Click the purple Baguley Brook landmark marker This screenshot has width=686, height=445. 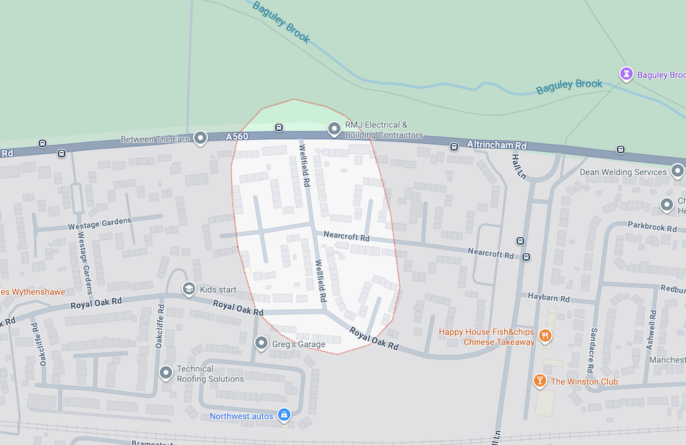click(x=626, y=73)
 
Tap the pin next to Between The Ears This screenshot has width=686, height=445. click(x=200, y=139)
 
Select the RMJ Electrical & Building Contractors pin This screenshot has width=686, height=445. click(x=334, y=129)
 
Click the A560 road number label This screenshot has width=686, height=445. click(x=237, y=137)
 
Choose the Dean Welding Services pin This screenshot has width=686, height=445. click(x=678, y=171)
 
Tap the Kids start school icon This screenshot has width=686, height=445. click(x=188, y=289)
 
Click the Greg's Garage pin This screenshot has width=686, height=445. click(x=261, y=343)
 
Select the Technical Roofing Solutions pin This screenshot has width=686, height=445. click(x=165, y=373)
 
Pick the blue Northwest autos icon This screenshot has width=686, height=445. click(x=285, y=415)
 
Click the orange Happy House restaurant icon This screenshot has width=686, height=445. click(x=545, y=335)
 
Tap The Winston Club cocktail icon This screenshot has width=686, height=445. click(x=540, y=381)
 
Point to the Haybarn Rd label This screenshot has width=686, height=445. click(x=549, y=298)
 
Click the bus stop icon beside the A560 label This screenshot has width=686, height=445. click(x=279, y=128)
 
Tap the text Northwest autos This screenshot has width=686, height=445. click(x=241, y=416)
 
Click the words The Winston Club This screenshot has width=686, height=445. click(x=584, y=381)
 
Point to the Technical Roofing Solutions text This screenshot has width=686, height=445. click(x=210, y=374)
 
